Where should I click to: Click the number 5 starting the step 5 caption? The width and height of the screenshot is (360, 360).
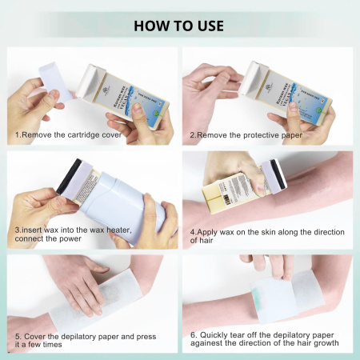(x=17, y=336)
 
